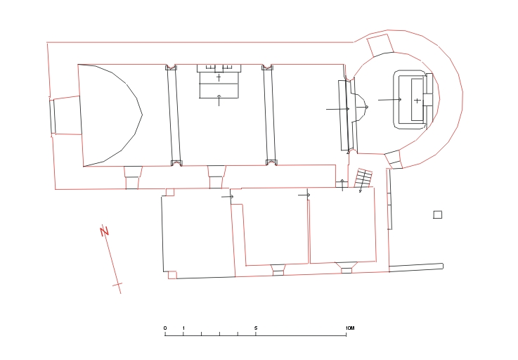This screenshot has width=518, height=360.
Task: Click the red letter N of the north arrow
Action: pos(105,231)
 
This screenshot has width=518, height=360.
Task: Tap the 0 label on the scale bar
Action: pos(165,328)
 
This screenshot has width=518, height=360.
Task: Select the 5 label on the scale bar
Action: pos(256,328)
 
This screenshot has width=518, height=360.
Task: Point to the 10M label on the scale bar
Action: pos(350,328)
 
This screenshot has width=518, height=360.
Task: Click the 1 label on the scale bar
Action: pos(183,328)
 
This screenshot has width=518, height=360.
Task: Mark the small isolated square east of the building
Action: pos(437,215)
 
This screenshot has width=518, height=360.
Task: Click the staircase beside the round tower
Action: pos(363,179)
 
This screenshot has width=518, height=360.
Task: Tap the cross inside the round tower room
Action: pos(417,101)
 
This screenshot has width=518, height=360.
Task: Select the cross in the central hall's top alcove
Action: pos(219,77)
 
